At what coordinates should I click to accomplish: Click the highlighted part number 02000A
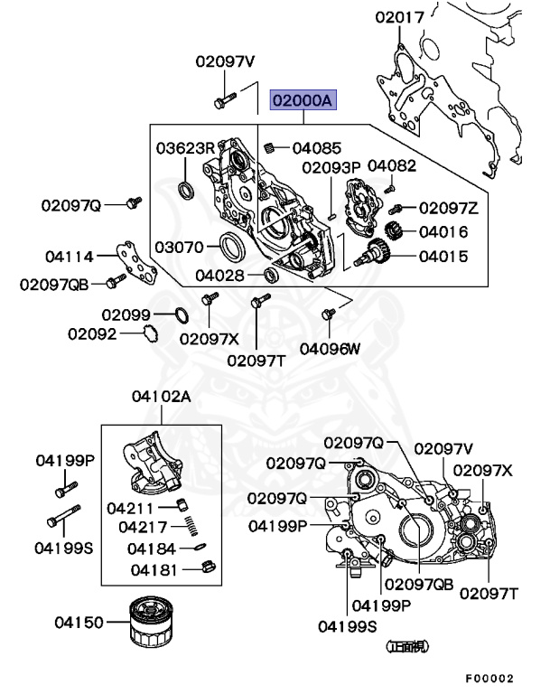tap(303, 98)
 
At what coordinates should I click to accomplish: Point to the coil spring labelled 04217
tap(190, 527)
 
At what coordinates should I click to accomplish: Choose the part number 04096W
tap(330, 347)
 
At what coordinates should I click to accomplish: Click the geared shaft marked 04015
tap(372, 257)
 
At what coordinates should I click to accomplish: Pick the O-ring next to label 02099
tap(180, 314)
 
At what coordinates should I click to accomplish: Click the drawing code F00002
tap(489, 678)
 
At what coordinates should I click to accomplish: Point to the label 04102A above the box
tap(161, 396)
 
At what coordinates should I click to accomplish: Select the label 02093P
tap(331, 167)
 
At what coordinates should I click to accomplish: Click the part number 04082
tap(392, 165)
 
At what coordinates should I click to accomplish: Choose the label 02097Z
tap(448, 208)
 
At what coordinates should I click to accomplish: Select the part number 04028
tap(220, 274)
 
